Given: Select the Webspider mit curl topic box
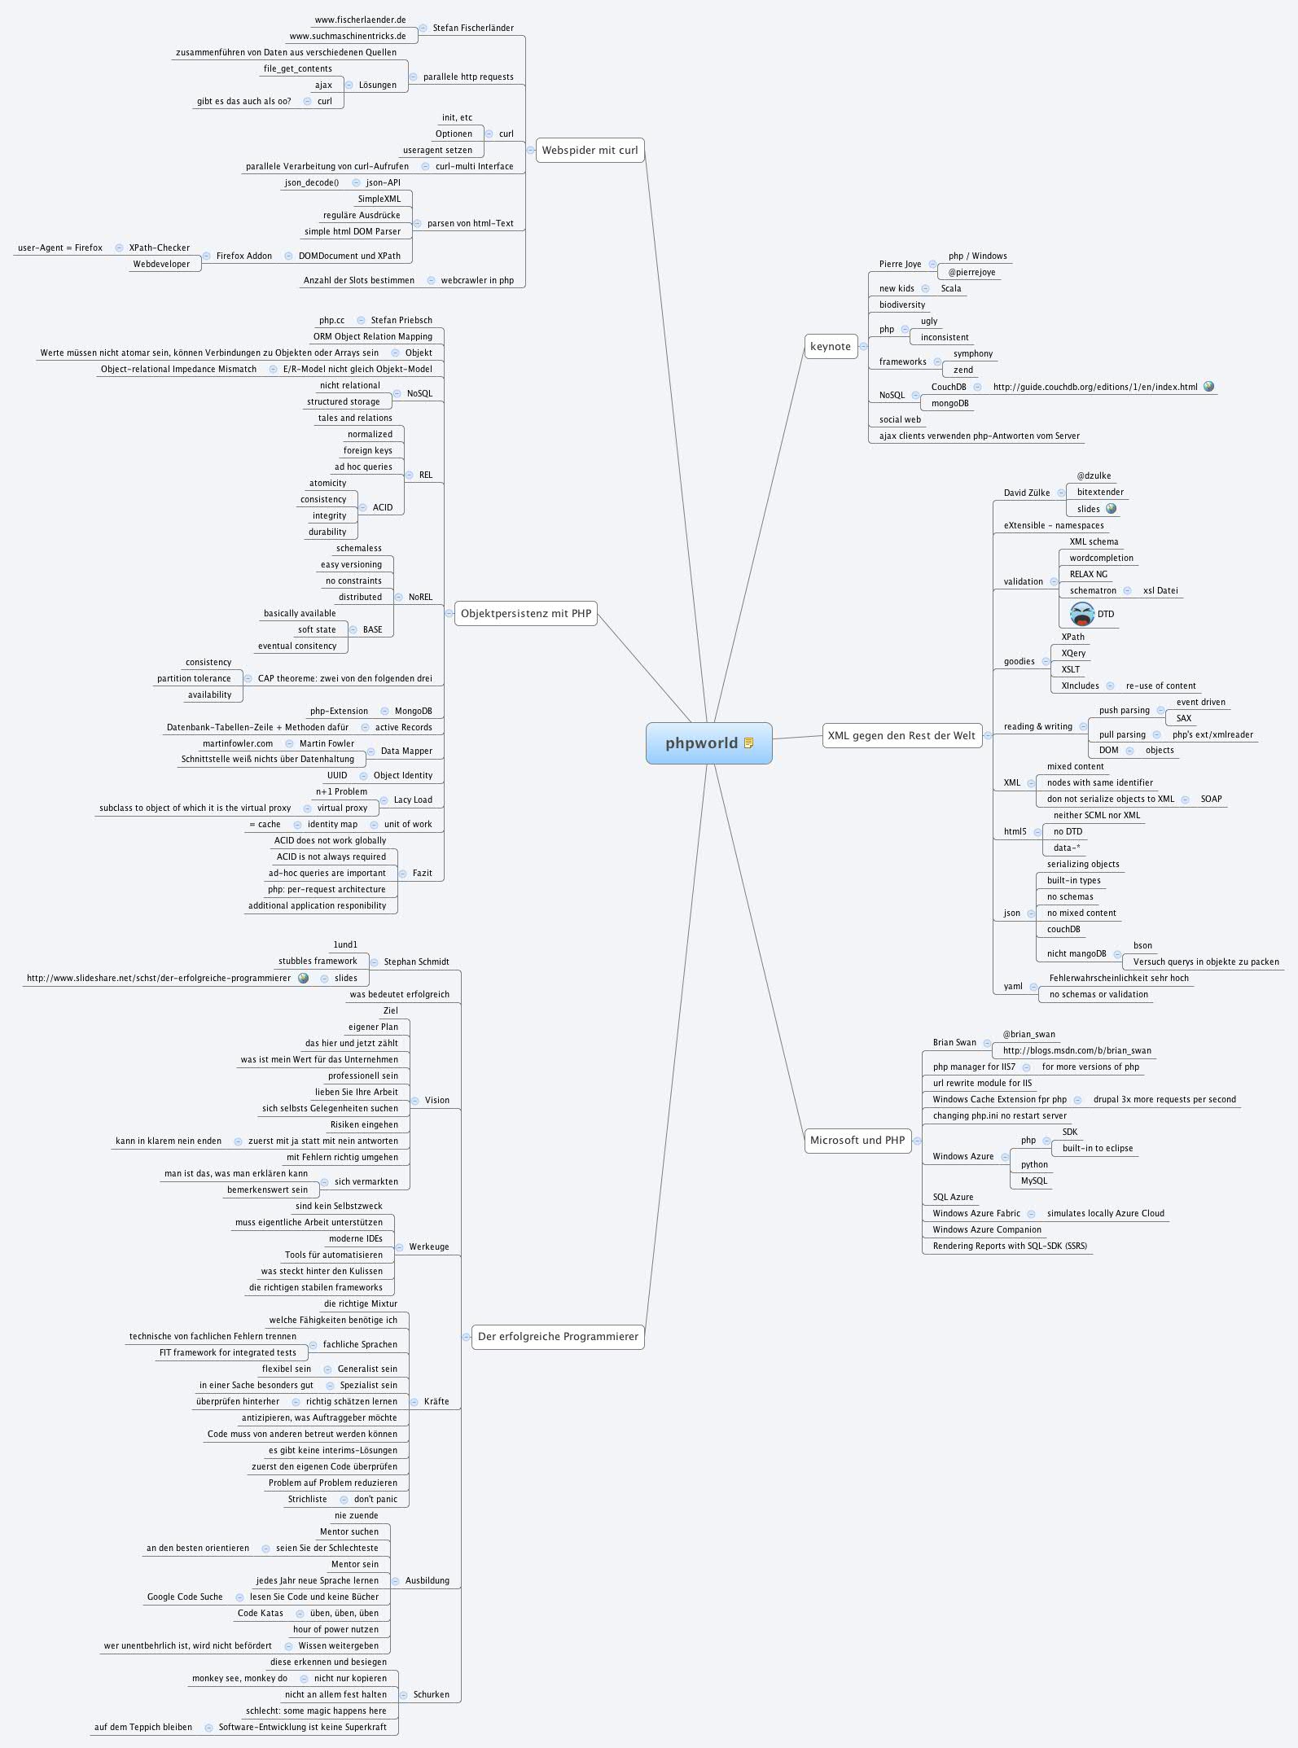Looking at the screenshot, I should tap(590, 150).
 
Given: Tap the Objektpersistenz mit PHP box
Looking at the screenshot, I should tap(525, 613).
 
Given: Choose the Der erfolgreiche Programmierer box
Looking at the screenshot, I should tap(558, 1336).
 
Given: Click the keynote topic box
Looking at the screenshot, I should tap(830, 346).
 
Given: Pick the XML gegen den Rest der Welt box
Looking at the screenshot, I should tap(901, 735).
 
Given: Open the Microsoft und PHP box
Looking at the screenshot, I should tap(857, 1140).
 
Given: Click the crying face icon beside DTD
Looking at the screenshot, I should tap(1082, 614).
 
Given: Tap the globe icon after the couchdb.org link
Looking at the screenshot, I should tap(1208, 387).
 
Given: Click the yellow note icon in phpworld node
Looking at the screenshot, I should tap(749, 743).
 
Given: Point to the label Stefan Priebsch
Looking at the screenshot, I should tap(401, 320).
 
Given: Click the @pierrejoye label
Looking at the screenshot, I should tap(971, 272).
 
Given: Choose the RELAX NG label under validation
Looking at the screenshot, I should tap(1088, 574).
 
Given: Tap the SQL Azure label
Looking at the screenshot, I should tap(953, 1197).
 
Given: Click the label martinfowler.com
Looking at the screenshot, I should tap(238, 743).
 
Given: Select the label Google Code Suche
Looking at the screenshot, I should tap(185, 1597).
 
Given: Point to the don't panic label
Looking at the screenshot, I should tap(375, 1499).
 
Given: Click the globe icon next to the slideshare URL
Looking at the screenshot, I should tap(303, 978).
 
